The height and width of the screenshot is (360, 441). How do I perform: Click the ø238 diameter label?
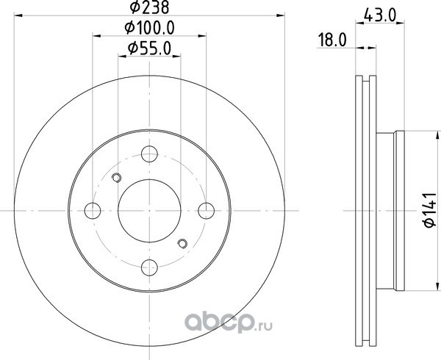(149, 7)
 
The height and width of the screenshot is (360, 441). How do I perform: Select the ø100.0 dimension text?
(149, 28)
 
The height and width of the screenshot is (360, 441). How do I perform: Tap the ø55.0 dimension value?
(149, 48)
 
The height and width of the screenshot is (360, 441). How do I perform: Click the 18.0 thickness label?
(332, 40)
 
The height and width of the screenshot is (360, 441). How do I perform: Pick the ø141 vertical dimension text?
(429, 210)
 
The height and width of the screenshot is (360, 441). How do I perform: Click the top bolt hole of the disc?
(149, 154)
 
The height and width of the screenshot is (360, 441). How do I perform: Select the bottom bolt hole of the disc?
(149, 267)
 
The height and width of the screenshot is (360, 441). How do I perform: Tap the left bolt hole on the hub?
(93, 211)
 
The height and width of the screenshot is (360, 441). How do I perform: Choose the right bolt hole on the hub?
(206, 211)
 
